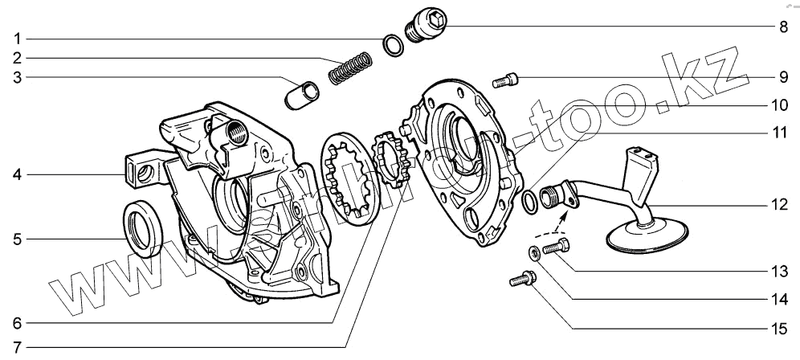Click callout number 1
coord(18,39)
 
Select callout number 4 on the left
coord(18,174)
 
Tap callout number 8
coord(782,26)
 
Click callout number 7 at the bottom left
coord(18,349)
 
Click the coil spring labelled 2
coord(352,67)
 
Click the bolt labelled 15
coord(520,280)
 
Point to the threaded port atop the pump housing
coord(239,129)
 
